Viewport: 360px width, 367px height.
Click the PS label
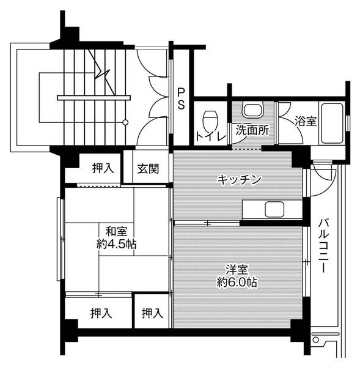[x=182, y=98]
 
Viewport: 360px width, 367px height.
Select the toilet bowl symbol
[x=210, y=116]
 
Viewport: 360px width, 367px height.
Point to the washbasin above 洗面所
[x=251, y=111]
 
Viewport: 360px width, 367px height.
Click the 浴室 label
[x=306, y=121]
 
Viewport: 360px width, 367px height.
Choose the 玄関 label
[x=148, y=168]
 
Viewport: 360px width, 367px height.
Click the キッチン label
[x=240, y=179]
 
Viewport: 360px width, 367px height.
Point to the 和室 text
[x=116, y=231]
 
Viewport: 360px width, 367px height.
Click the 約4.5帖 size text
[x=116, y=243]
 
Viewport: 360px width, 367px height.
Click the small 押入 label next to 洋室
[x=152, y=313]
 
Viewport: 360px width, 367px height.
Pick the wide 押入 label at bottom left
[x=101, y=313]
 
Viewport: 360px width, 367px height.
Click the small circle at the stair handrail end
[x=125, y=122]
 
